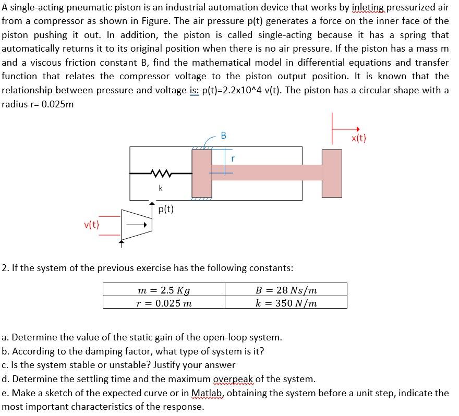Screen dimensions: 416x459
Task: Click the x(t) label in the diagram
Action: [x=359, y=138]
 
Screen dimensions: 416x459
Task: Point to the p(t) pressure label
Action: [x=165, y=209]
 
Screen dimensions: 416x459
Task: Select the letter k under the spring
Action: [x=160, y=187]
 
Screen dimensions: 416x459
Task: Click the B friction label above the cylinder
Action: [x=224, y=136]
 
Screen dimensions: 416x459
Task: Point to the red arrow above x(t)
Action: [x=346, y=129]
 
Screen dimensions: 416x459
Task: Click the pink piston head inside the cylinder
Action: [x=201, y=173]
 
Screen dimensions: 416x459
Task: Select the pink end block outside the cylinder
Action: [x=332, y=173]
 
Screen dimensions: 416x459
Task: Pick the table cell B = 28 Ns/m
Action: [x=286, y=290]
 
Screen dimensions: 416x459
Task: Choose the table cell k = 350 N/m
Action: [x=286, y=303]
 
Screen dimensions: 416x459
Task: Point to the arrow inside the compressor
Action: [x=137, y=225]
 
